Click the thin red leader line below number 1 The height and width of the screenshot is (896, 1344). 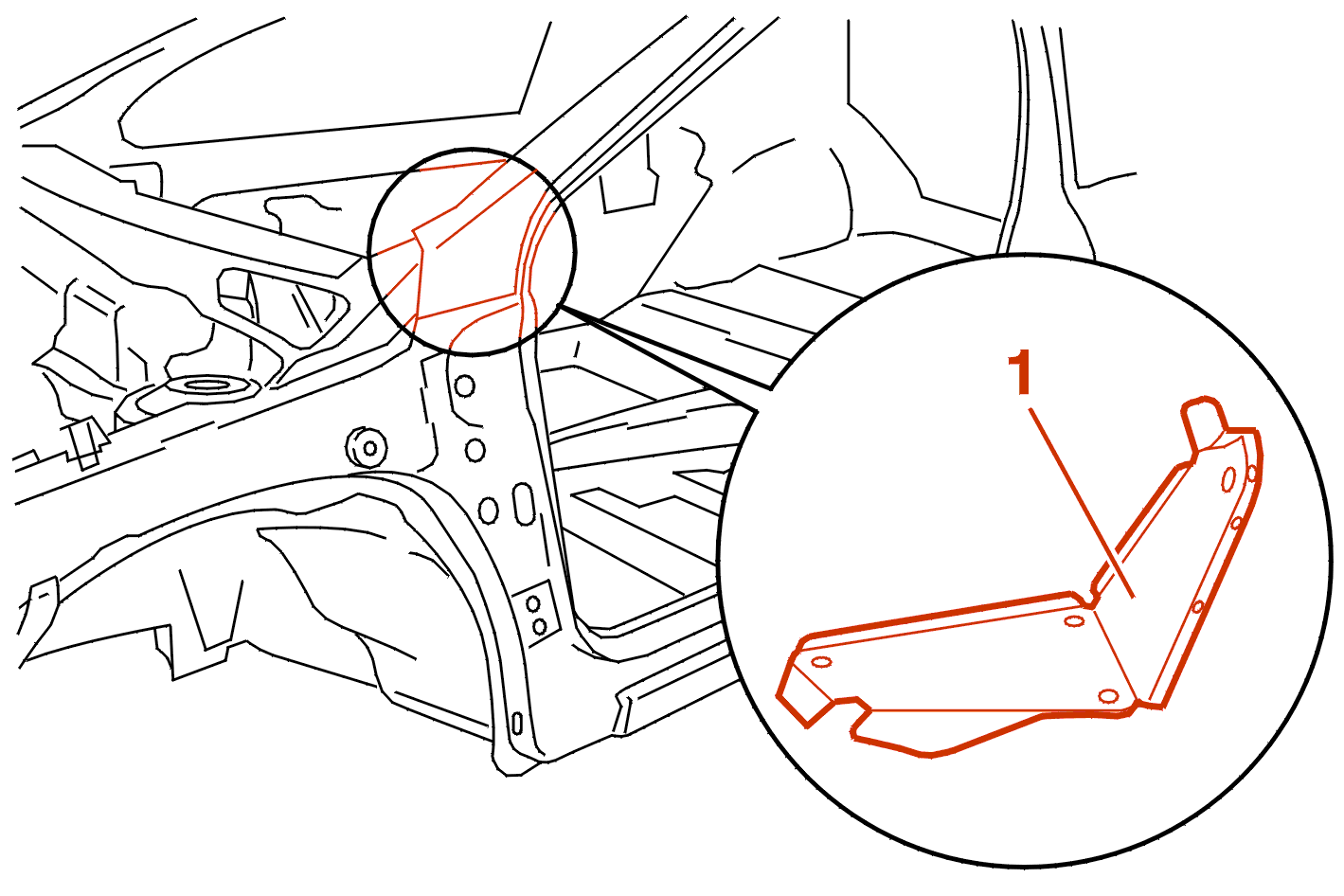(x=1082, y=503)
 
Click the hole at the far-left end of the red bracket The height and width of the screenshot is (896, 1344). (x=821, y=661)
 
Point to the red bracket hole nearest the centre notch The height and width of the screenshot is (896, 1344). (x=1073, y=620)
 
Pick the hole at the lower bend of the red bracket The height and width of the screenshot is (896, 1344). (x=1108, y=695)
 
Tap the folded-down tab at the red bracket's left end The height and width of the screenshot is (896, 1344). (x=805, y=690)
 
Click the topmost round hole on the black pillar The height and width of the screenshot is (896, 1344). (x=464, y=385)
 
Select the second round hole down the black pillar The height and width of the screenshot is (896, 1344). (x=475, y=450)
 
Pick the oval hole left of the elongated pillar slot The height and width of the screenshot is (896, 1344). (x=489, y=510)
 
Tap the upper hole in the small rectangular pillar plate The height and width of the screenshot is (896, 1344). (x=533, y=604)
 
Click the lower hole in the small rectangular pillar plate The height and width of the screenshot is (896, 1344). (x=539, y=627)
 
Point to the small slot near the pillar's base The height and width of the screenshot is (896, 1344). (x=516, y=724)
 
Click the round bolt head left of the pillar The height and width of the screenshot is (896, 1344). (x=367, y=447)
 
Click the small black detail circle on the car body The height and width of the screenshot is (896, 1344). (x=473, y=251)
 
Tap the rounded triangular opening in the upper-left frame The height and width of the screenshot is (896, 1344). (x=282, y=306)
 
